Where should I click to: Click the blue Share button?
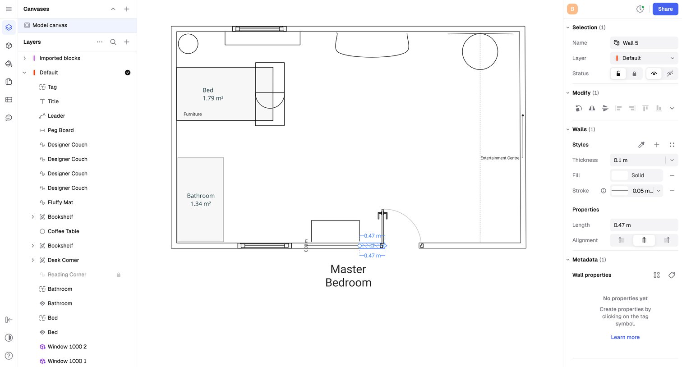(x=665, y=9)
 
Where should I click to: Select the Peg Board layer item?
(x=60, y=130)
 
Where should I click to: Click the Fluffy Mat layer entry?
(x=60, y=202)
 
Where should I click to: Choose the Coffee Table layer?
(x=63, y=231)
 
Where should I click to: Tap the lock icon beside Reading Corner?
(x=119, y=275)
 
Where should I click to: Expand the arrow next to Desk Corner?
(x=32, y=260)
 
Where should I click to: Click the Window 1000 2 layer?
(x=67, y=347)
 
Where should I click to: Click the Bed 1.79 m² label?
(x=213, y=94)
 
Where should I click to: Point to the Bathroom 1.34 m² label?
(x=201, y=200)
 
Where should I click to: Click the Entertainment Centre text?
(x=500, y=158)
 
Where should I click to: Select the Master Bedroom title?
(x=348, y=276)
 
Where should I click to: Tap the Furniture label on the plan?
(x=193, y=114)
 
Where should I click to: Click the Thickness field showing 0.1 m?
(x=637, y=160)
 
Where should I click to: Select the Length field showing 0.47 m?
(x=644, y=225)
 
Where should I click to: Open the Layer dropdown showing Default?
(x=644, y=58)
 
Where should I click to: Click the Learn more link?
(x=625, y=337)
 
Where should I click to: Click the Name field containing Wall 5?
(x=644, y=43)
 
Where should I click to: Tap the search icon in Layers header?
(x=113, y=42)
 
